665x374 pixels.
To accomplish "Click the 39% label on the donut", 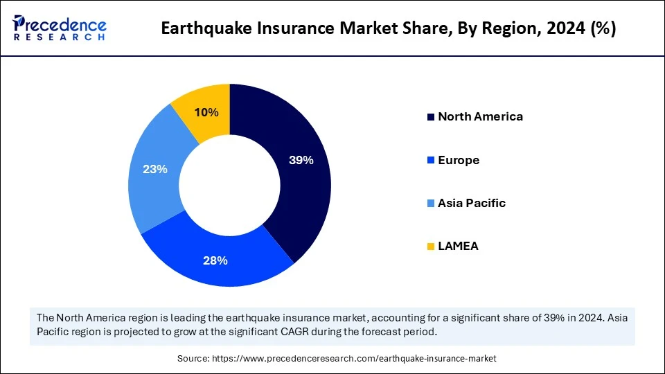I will (301, 160).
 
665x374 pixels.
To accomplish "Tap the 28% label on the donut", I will (215, 260).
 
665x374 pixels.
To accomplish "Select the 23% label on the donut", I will (154, 168).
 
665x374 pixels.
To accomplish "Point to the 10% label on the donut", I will (206, 112).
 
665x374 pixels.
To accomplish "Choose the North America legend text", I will (480, 116).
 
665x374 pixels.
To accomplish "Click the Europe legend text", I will (459, 160).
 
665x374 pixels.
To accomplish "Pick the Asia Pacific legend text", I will (472, 203).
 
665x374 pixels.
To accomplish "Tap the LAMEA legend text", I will (458, 246).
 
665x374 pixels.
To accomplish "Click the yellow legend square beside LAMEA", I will (432, 247).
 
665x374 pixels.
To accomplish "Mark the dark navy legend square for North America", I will (432, 117).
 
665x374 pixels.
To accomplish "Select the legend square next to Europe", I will (432, 161).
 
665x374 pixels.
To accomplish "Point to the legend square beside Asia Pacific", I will (432, 204).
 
